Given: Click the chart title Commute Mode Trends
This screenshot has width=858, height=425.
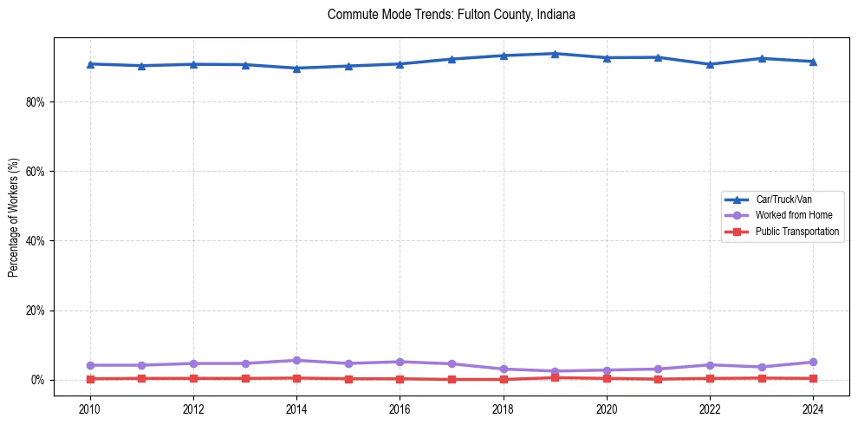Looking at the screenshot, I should pyautogui.click(x=452, y=15).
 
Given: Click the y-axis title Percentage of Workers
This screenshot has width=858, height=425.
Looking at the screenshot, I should pyautogui.click(x=14, y=217).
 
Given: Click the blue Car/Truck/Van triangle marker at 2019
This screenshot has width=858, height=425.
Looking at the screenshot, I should pyautogui.click(x=555, y=54).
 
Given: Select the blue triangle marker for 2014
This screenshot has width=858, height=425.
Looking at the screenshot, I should pyautogui.click(x=296, y=69).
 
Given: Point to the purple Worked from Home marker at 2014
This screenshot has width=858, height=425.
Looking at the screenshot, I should pyautogui.click(x=296, y=360).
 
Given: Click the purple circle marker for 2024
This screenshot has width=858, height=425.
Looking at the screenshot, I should pyautogui.click(x=813, y=362).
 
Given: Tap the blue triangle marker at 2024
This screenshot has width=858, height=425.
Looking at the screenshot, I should pyautogui.click(x=813, y=62).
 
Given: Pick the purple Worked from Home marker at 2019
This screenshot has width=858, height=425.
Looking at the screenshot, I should pyautogui.click(x=555, y=371).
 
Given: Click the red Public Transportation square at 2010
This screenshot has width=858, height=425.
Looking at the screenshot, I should pyautogui.click(x=89, y=378).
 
